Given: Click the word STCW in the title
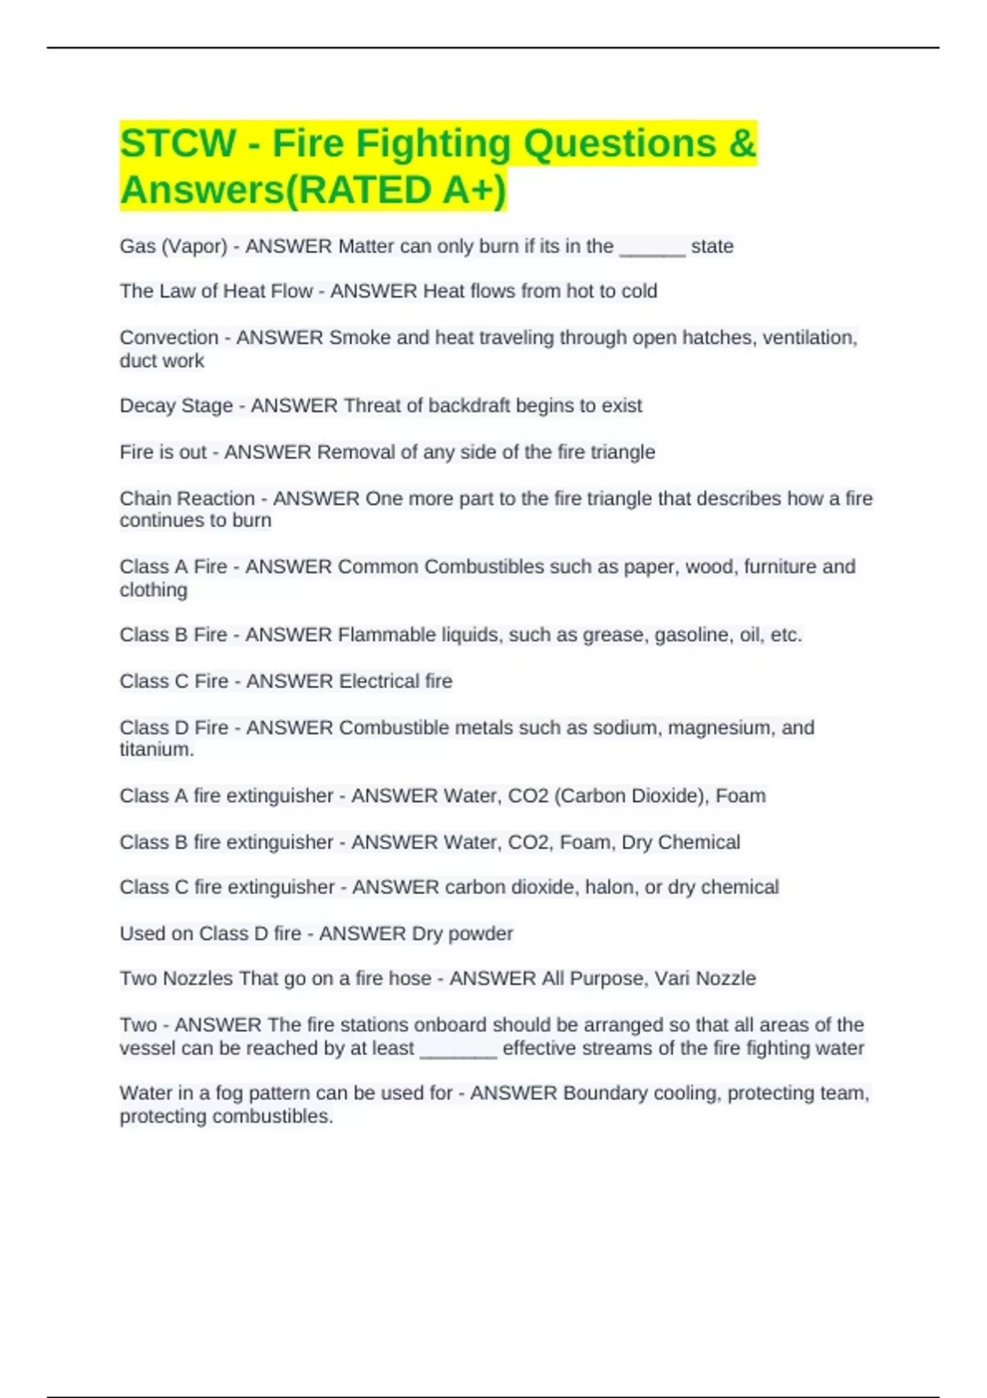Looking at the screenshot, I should (x=178, y=143).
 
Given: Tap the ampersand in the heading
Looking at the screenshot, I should (x=742, y=143).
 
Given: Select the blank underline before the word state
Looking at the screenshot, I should (x=652, y=247).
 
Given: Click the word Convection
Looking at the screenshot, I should (x=169, y=338).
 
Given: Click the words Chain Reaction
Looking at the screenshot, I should (x=187, y=498).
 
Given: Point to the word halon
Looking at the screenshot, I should (x=608, y=887).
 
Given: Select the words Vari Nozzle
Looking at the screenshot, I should (x=705, y=979).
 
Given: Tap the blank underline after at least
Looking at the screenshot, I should (x=458, y=1048).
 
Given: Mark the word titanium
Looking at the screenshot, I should (x=156, y=750).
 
